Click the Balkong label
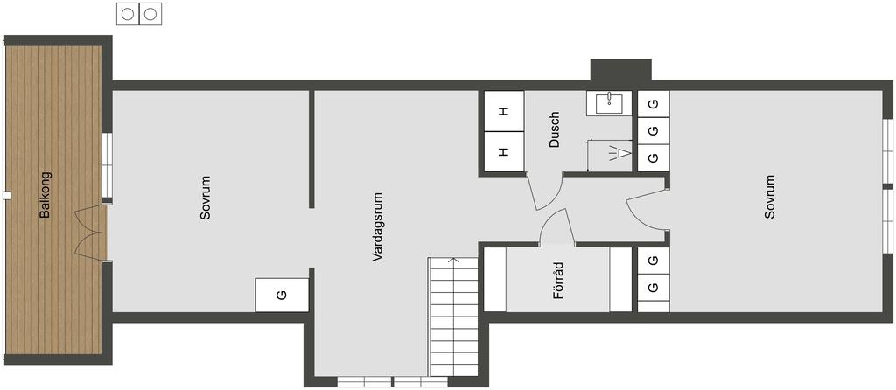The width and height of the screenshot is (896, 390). click(x=45, y=195)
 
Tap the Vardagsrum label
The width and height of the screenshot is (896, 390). click(x=376, y=227)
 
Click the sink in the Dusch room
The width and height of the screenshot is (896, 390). click(x=610, y=103)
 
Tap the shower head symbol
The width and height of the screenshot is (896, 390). click(x=620, y=153)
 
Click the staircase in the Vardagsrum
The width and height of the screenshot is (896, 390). click(x=454, y=317)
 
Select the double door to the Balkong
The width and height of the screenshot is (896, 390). click(x=90, y=233)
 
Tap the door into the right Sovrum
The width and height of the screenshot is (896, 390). click(x=647, y=210)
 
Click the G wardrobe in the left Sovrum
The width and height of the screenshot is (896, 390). click(x=282, y=296)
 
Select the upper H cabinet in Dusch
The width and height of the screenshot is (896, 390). click(x=504, y=111)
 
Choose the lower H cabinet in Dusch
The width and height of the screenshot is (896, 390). click(x=504, y=151)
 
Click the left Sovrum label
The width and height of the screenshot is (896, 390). click(x=206, y=198)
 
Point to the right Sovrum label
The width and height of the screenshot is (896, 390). click(x=770, y=197)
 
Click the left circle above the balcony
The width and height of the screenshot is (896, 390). click(x=128, y=14)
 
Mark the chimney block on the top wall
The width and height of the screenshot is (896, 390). click(x=620, y=70)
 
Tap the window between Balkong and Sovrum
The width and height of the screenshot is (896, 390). click(x=107, y=165)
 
